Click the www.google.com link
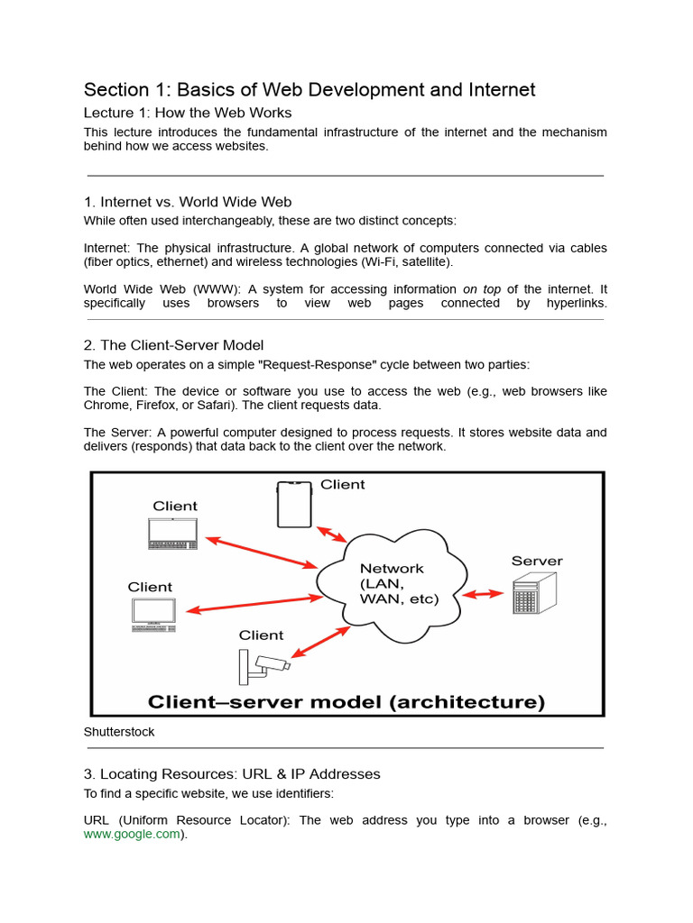tap(132, 835)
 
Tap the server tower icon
tap(534, 593)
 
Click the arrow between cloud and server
tap(483, 594)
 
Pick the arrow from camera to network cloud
tap(320, 642)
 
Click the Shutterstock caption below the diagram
tap(119, 732)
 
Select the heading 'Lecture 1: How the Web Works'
tap(188, 113)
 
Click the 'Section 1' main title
tap(310, 89)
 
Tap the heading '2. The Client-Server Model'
tap(173, 345)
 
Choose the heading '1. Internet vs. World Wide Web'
tap(188, 202)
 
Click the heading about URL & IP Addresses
tap(232, 774)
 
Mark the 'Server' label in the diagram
tap(537, 561)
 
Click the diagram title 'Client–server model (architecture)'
tap(346, 701)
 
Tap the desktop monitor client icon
tap(154, 613)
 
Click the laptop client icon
tap(174, 534)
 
